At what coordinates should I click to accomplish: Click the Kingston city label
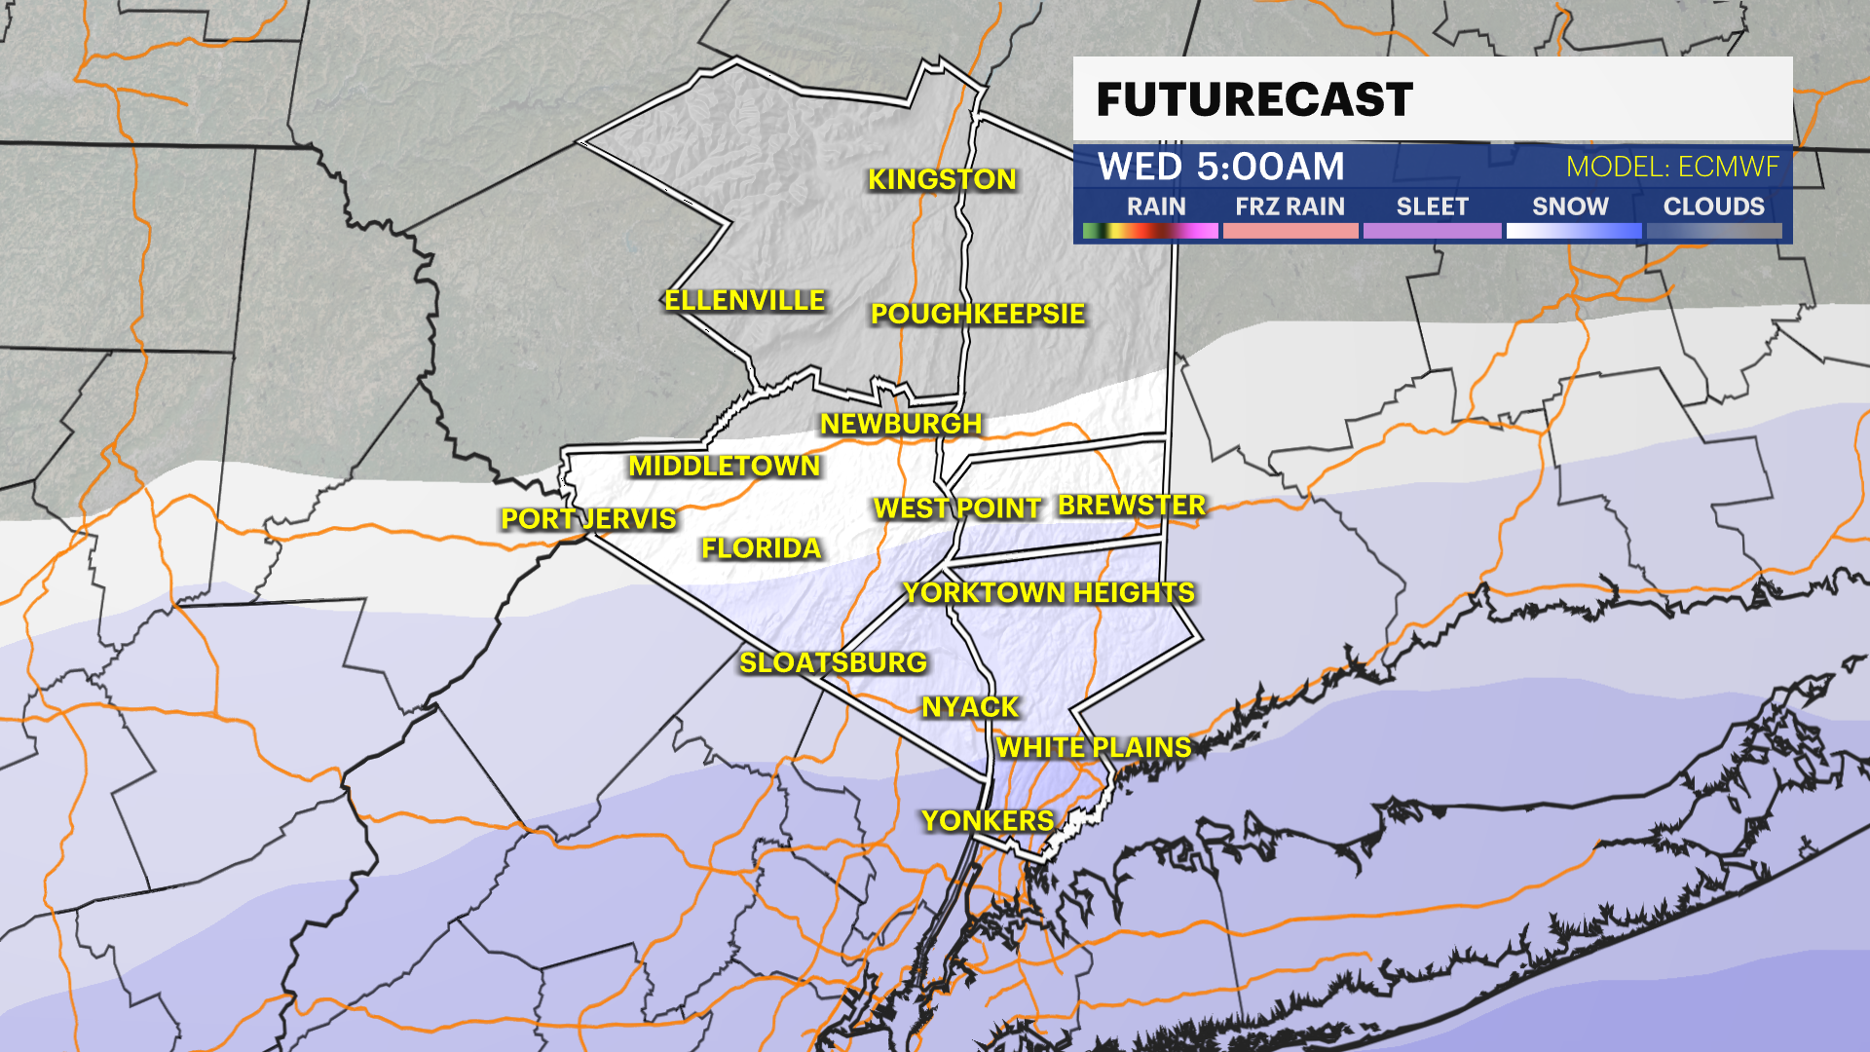(x=942, y=179)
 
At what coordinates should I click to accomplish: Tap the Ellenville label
(x=744, y=300)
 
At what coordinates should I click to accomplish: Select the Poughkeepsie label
(x=977, y=314)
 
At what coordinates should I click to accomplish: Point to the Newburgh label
(x=901, y=424)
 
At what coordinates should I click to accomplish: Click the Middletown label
(x=725, y=466)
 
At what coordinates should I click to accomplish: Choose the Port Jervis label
(x=588, y=518)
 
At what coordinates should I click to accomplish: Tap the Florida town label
(x=762, y=548)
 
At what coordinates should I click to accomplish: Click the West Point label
(x=957, y=507)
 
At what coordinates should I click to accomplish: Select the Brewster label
(x=1132, y=505)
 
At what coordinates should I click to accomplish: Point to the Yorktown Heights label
(x=1049, y=592)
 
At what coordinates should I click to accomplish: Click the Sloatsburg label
(x=833, y=662)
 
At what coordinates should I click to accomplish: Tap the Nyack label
(x=970, y=707)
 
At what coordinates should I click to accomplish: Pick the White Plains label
(x=1094, y=747)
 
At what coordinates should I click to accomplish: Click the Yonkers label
(x=988, y=821)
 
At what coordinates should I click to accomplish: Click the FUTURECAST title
(x=1254, y=99)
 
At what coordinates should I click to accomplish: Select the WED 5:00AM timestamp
(x=1221, y=167)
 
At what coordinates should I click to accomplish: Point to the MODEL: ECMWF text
(x=1672, y=167)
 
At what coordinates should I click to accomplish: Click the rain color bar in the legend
(x=1150, y=231)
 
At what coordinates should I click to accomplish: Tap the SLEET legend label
(x=1432, y=207)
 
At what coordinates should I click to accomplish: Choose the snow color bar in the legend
(x=1573, y=231)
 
